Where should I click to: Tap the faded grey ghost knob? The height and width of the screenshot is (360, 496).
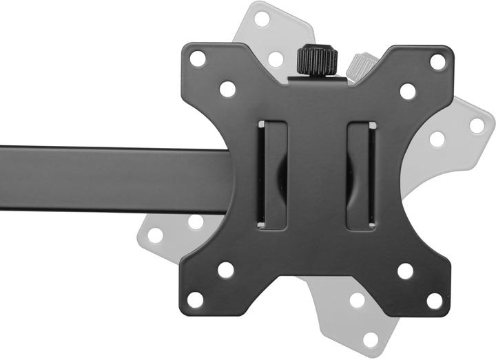click(x=362, y=66)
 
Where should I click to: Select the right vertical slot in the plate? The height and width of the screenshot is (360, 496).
click(x=361, y=175)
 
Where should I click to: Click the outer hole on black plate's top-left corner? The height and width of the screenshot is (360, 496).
click(x=198, y=59)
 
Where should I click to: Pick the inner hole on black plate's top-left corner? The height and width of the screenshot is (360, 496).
click(x=227, y=89)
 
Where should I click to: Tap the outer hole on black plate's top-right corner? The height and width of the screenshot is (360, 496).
click(x=437, y=61)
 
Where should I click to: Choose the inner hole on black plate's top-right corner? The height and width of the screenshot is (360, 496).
click(x=408, y=91)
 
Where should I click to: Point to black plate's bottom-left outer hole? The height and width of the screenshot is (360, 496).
click(x=196, y=300)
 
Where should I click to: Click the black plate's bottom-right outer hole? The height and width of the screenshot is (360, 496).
click(x=435, y=301)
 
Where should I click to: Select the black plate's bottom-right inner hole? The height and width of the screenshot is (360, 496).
click(x=405, y=271)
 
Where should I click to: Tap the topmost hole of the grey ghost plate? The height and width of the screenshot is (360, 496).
click(x=262, y=19)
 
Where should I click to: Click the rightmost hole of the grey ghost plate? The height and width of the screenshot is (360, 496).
click(x=477, y=126)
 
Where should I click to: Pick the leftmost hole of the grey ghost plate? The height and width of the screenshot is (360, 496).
click(x=156, y=235)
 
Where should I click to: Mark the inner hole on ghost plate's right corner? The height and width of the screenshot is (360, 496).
click(x=437, y=139)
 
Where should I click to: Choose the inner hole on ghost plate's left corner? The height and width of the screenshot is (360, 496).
click(x=196, y=222)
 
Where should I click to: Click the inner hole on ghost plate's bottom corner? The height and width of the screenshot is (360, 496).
click(x=357, y=300)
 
